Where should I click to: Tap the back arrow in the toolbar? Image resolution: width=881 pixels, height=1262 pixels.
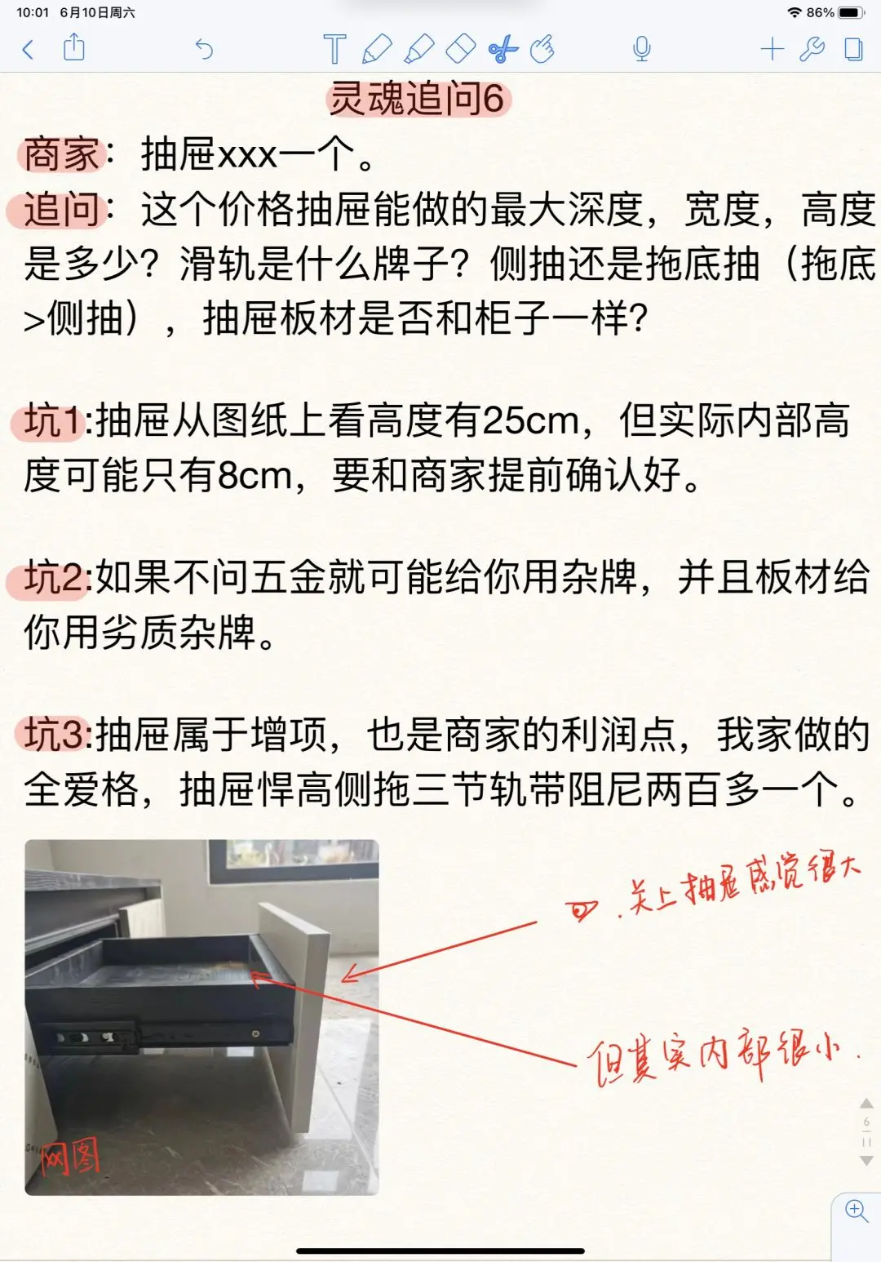pyautogui.click(x=28, y=50)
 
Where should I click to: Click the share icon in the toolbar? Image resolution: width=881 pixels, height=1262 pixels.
pyautogui.click(x=73, y=47)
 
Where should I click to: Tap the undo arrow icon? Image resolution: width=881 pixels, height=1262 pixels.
pyautogui.click(x=205, y=49)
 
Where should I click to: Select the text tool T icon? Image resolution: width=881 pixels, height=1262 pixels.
pyautogui.click(x=334, y=48)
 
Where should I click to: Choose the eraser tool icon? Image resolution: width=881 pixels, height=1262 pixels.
pyautogui.click(x=461, y=48)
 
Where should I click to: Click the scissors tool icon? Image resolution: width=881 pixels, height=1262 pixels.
pyautogui.click(x=502, y=48)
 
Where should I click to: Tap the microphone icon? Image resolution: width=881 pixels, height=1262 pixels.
pyautogui.click(x=642, y=49)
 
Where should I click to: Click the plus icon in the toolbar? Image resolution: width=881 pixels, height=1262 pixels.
pyautogui.click(x=773, y=49)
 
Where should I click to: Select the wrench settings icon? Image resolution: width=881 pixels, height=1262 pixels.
pyautogui.click(x=812, y=49)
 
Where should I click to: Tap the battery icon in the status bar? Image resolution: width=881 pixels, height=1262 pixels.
pyautogui.click(x=851, y=12)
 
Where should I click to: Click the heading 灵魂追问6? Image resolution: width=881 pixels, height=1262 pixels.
pyautogui.click(x=418, y=98)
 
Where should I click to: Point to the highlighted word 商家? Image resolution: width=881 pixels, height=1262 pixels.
pyautogui.click(x=61, y=153)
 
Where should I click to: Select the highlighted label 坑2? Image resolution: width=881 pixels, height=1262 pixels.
pyautogui.click(x=55, y=578)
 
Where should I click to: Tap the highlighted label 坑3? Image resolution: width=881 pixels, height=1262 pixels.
pyautogui.click(x=55, y=735)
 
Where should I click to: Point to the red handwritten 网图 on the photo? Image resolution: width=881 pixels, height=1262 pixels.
pyautogui.click(x=70, y=1156)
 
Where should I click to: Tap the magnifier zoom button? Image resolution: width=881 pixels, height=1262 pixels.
pyautogui.click(x=857, y=1211)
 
